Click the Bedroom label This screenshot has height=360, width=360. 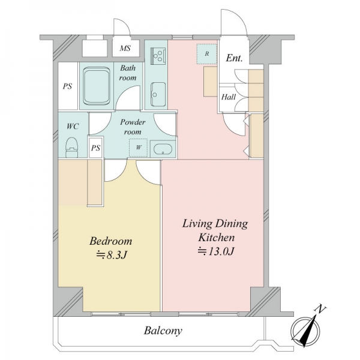110,241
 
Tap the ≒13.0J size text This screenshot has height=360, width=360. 216,251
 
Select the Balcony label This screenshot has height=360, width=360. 163,331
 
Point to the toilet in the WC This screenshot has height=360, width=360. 72,147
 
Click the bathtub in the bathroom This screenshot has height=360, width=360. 97,86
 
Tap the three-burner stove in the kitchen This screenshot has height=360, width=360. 158,56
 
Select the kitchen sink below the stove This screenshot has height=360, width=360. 158,94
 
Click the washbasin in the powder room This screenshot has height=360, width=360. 163,149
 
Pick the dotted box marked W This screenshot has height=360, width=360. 138,148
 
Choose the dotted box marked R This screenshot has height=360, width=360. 207,54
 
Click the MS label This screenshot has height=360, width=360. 125,48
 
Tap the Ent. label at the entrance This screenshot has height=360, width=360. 234,58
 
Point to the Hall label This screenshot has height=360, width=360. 229,97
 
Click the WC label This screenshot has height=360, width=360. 73,126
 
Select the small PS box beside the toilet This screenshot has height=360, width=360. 95,148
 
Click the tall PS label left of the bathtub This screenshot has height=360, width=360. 67,86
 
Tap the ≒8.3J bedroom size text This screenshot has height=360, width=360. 112,255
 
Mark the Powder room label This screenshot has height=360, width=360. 133,127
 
